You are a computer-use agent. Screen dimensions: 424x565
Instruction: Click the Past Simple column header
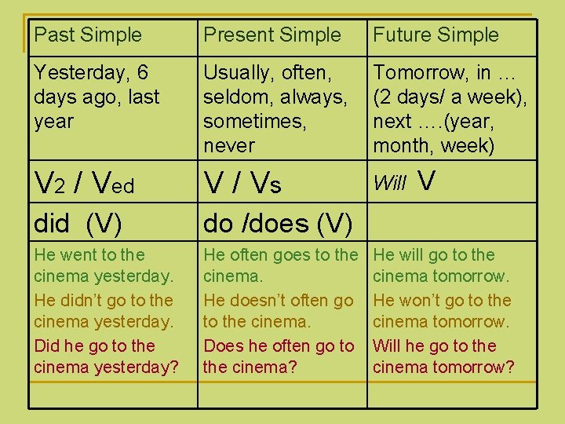[88, 35]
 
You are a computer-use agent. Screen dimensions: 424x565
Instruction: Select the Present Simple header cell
[272, 35]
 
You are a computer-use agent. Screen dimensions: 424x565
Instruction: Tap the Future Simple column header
[436, 35]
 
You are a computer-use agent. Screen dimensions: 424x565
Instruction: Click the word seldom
[231, 97]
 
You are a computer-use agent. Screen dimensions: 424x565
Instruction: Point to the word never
[228, 145]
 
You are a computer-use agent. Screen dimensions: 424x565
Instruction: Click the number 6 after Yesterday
[141, 73]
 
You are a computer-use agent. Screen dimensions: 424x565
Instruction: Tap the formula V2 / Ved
[84, 185]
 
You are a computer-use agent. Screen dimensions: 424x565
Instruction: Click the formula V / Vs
[242, 185]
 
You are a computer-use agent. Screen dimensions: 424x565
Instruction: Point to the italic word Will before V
[389, 185]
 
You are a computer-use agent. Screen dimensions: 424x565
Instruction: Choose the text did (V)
[78, 224]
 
